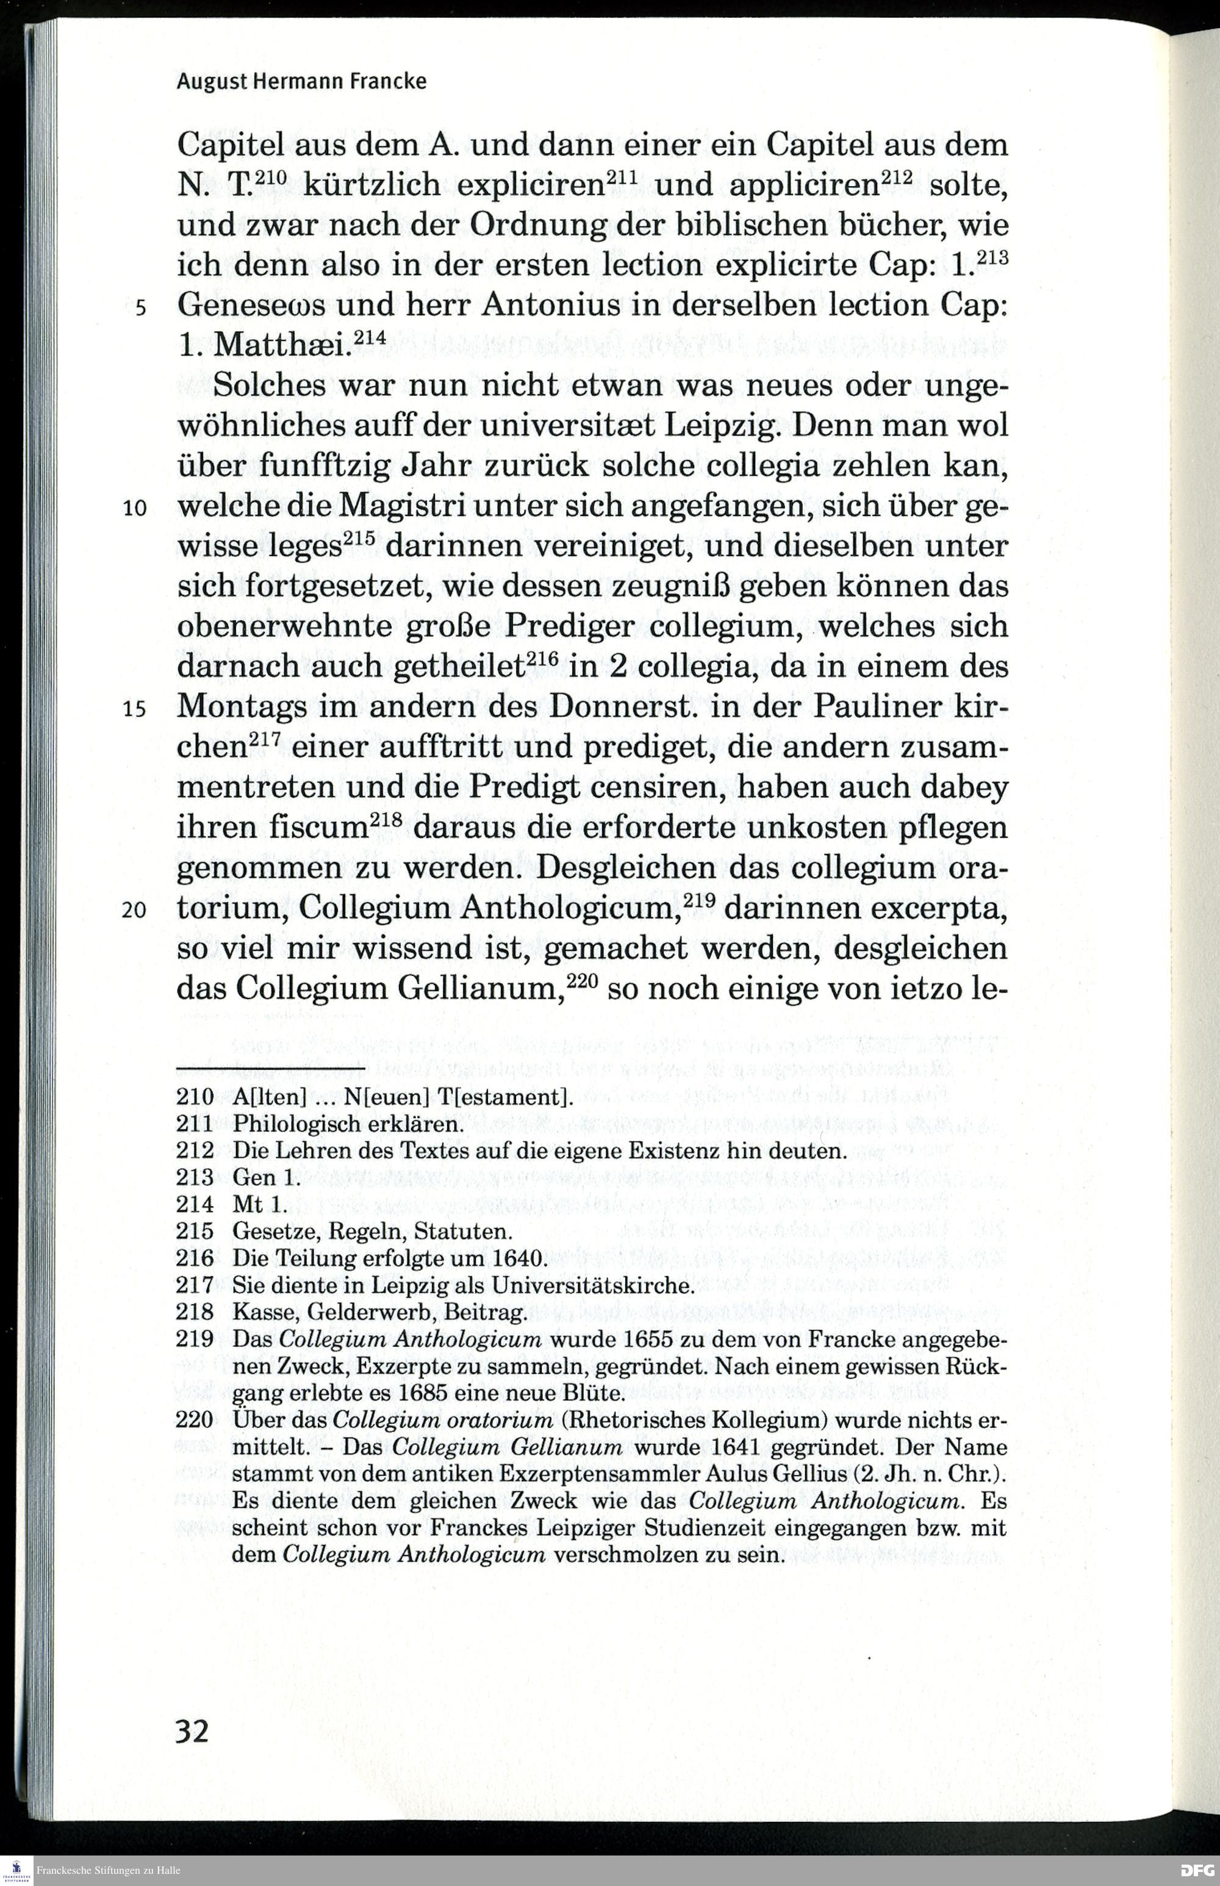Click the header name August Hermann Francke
tap(301, 82)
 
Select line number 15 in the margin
tap(135, 709)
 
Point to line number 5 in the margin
tap(140, 307)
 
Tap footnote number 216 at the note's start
tap(195, 1258)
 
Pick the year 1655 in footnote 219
tap(648, 1339)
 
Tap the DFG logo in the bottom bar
tap(1196, 1870)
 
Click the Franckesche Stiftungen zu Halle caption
tap(109, 1870)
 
